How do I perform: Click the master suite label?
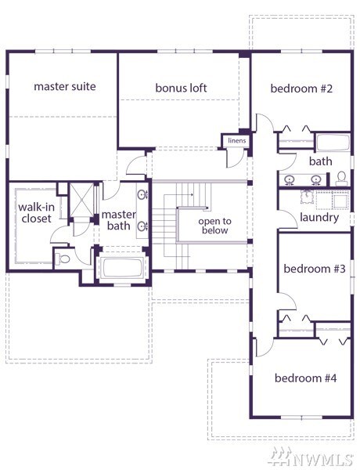[65, 86]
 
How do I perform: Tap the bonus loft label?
[181, 88]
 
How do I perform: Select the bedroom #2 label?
[301, 89]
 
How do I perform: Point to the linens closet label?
[236, 140]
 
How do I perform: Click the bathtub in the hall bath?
[333, 143]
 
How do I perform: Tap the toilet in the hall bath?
[341, 179]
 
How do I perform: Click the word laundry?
[319, 218]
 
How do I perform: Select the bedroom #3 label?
[315, 269]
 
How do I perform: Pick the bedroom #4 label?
[305, 378]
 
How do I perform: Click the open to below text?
[214, 226]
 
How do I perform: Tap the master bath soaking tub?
[122, 267]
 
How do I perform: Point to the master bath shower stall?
[81, 200]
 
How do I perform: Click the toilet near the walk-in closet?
[63, 258]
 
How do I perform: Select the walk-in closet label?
[36, 212]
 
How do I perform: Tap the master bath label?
[119, 220]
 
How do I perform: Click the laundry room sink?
[307, 197]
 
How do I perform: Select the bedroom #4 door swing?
[265, 348]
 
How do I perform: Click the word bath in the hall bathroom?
[320, 161]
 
